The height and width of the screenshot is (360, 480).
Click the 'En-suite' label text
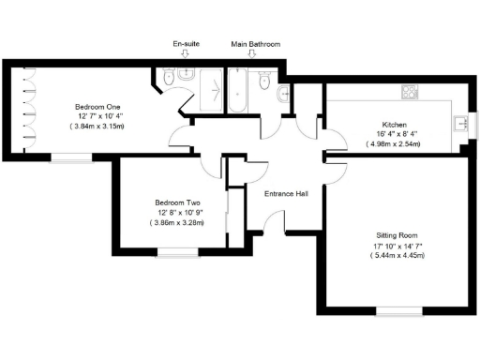[x=185, y=43]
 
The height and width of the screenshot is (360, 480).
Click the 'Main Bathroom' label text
[x=255, y=43]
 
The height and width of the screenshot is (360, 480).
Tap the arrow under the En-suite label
[x=185, y=54]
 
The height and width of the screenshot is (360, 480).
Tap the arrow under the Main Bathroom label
[x=250, y=54]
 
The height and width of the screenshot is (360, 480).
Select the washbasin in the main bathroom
[x=283, y=91]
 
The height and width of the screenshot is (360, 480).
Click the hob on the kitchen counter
[x=410, y=91]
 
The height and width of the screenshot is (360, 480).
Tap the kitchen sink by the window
[x=458, y=123]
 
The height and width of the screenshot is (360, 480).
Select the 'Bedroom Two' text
[x=176, y=202]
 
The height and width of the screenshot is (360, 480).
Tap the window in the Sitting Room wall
[x=396, y=310]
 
